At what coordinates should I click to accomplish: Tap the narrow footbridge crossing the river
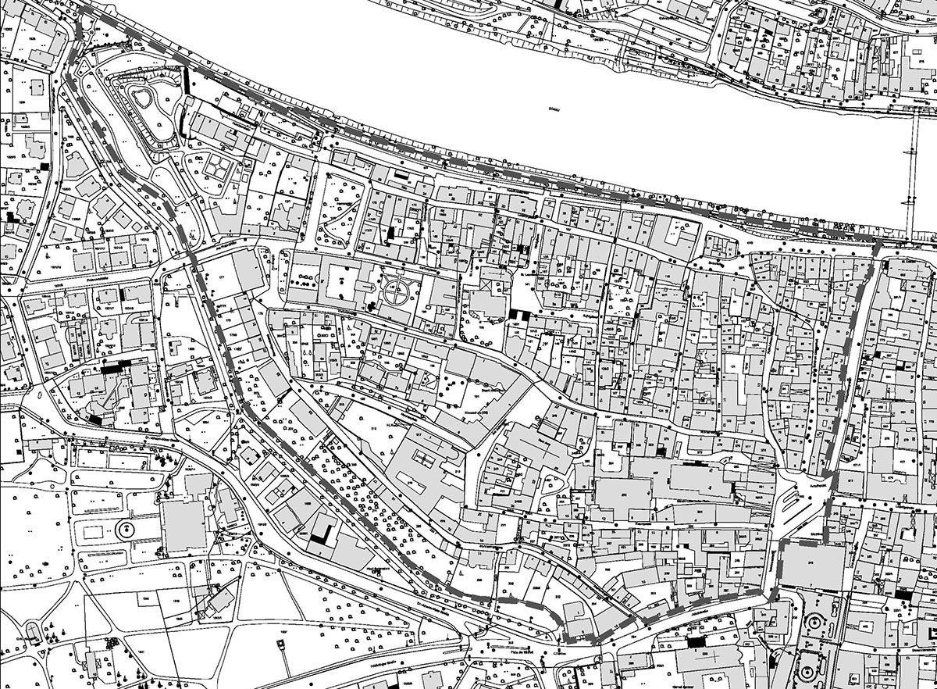910,180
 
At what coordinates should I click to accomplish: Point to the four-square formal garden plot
214,165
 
